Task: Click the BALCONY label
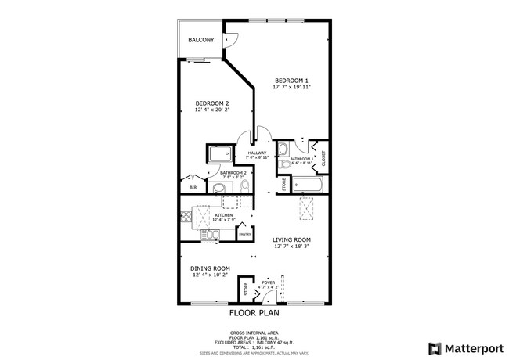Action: click(x=200, y=40)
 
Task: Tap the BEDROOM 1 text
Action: click(x=291, y=80)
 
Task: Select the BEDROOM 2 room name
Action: click(x=212, y=103)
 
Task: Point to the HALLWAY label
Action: click(x=257, y=153)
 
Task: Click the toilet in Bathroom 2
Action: click(x=244, y=185)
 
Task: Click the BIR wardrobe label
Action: click(x=193, y=188)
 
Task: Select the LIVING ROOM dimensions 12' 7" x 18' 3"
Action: click(x=292, y=247)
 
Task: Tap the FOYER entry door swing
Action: click(x=271, y=293)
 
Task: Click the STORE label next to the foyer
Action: click(x=244, y=290)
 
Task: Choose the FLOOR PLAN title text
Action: click(x=254, y=312)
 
